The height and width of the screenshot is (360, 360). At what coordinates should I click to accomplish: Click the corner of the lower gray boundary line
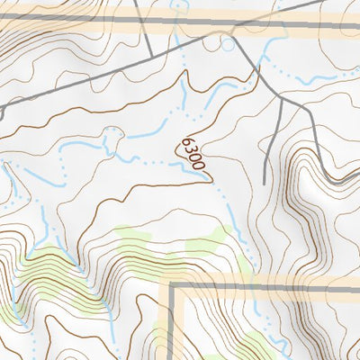(171, 285)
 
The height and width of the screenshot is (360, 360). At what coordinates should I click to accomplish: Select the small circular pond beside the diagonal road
(227, 43)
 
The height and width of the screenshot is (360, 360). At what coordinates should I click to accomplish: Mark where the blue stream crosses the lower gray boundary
(248, 285)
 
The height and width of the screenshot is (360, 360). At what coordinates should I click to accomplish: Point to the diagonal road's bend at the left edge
(4, 109)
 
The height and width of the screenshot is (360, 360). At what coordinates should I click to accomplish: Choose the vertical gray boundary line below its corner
(171, 324)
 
